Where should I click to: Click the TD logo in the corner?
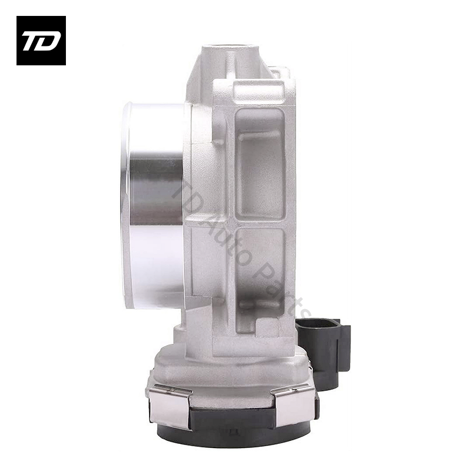(x=41, y=41)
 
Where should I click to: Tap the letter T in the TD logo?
(x=32, y=41)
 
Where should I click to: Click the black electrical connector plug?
(x=324, y=350)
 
